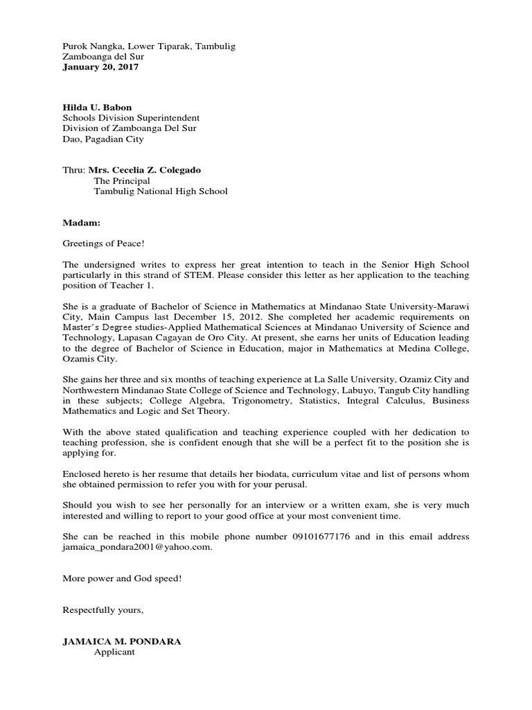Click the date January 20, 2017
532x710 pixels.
coord(100,67)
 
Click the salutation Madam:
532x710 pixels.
coord(81,223)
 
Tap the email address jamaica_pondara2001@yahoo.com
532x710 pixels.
coord(137,547)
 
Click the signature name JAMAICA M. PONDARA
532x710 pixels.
coord(122,641)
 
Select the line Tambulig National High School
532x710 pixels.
coord(160,191)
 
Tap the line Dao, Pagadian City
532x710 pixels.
coord(103,139)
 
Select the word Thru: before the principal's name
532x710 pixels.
coord(74,170)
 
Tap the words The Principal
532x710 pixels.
coord(121,181)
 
